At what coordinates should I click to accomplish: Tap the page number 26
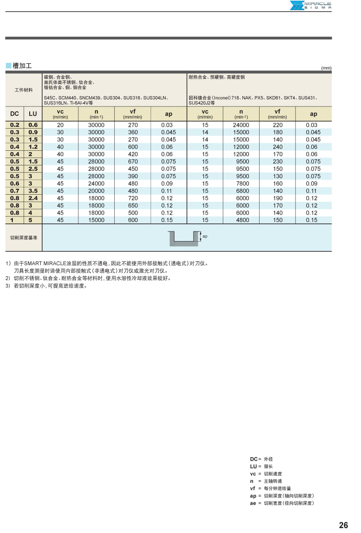[343, 525]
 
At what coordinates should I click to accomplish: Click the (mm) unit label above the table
[326, 68]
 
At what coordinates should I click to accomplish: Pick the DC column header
[14, 114]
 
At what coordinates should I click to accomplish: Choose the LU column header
[33, 114]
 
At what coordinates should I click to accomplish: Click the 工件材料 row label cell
[23, 90]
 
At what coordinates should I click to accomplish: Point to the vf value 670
[133, 161]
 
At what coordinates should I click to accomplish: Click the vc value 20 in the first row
[60, 125]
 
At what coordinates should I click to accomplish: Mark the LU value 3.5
[33, 191]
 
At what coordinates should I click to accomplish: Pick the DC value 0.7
[15, 191]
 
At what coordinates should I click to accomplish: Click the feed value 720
[133, 198]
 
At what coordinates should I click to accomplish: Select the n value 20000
[96, 191]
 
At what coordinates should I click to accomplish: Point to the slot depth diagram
[185, 238]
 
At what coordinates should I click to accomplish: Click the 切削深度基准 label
[23, 238]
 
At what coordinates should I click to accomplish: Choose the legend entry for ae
[281, 503]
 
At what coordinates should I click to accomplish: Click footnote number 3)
[8, 286]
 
